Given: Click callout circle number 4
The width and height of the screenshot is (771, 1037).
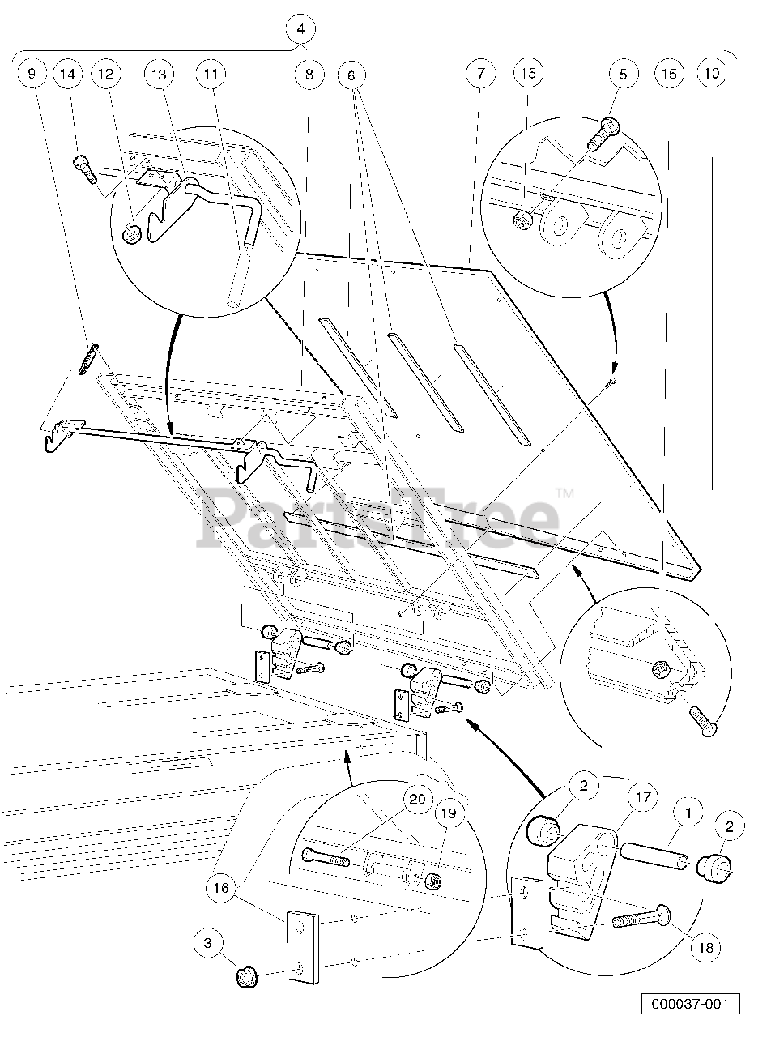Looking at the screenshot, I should [x=300, y=29].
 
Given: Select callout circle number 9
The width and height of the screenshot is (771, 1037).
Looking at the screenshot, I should [x=32, y=74].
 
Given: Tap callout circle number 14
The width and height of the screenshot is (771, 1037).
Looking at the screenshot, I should [x=69, y=74].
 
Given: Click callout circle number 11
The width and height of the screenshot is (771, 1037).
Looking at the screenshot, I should [x=211, y=74].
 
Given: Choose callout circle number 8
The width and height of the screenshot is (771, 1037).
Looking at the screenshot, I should [x=309, y=74].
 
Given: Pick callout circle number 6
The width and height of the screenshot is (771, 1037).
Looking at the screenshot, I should [x=351, y=74].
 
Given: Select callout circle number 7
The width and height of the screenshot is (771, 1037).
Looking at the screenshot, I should [x=480, y=74].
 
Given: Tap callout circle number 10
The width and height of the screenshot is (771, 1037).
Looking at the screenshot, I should [x=712, y=74].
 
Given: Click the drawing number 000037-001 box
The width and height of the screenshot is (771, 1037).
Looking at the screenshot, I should [x=690, y=1004].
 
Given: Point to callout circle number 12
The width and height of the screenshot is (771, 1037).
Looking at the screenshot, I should [x=106, y=74].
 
